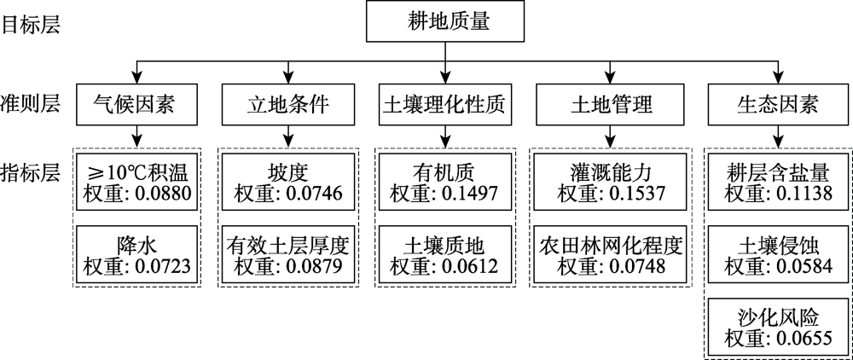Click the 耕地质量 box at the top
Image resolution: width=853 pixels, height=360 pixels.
(x=444, y=21)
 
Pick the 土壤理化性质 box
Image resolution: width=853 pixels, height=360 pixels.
(x=444, y=105)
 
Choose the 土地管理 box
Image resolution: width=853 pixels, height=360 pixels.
(x=609, y=105)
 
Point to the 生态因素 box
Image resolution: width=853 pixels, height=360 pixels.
(x=777, y=105)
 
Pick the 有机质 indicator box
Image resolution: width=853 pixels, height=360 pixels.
(x=444, y=180)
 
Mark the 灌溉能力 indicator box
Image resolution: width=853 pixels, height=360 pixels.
(x=609, y=180)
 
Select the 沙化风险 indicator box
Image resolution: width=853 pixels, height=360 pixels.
(x=777, y=328)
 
